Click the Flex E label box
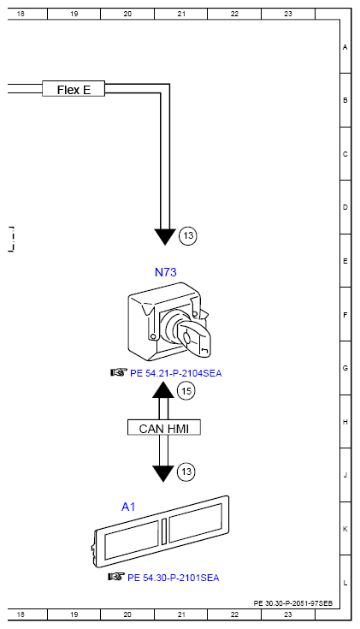pos(74,88)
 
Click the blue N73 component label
pos(166,272)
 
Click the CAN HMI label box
pos(163,427)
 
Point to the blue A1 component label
pos(128,507)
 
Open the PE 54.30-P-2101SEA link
pos(173,577)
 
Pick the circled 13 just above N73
pos(188,235)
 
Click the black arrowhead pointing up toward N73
pos(163,390)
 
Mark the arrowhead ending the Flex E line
pos(163,235)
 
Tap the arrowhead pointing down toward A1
pos(163,473)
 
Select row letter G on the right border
pos(345,368)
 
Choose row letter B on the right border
pos(345,100)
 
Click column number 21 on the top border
pos(181,15)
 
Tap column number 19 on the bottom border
pos(74,614)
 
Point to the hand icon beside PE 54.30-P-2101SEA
pos(116,576)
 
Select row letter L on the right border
pos(345,583)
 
